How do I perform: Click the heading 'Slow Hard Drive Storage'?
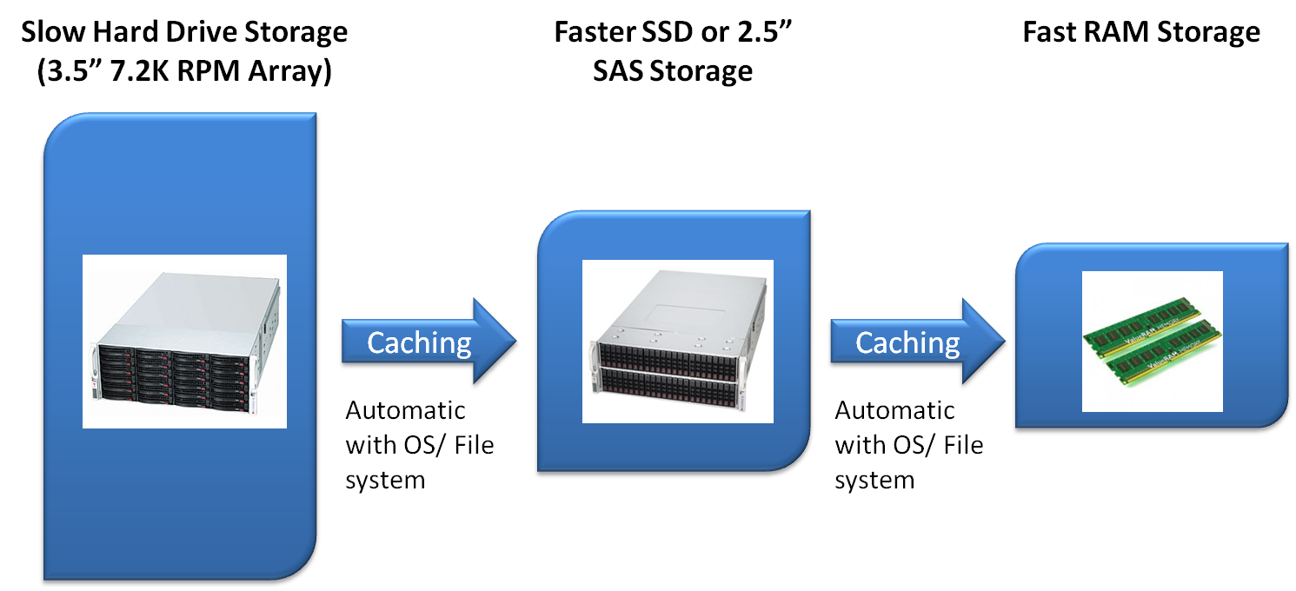183,33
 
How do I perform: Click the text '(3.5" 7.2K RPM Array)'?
183,71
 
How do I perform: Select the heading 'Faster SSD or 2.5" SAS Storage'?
674,52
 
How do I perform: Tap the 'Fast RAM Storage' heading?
1140,33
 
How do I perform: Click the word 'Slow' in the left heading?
51,33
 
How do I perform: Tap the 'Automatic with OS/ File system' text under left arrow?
419,444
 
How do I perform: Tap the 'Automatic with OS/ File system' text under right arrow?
908,444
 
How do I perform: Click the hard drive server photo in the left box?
184,341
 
